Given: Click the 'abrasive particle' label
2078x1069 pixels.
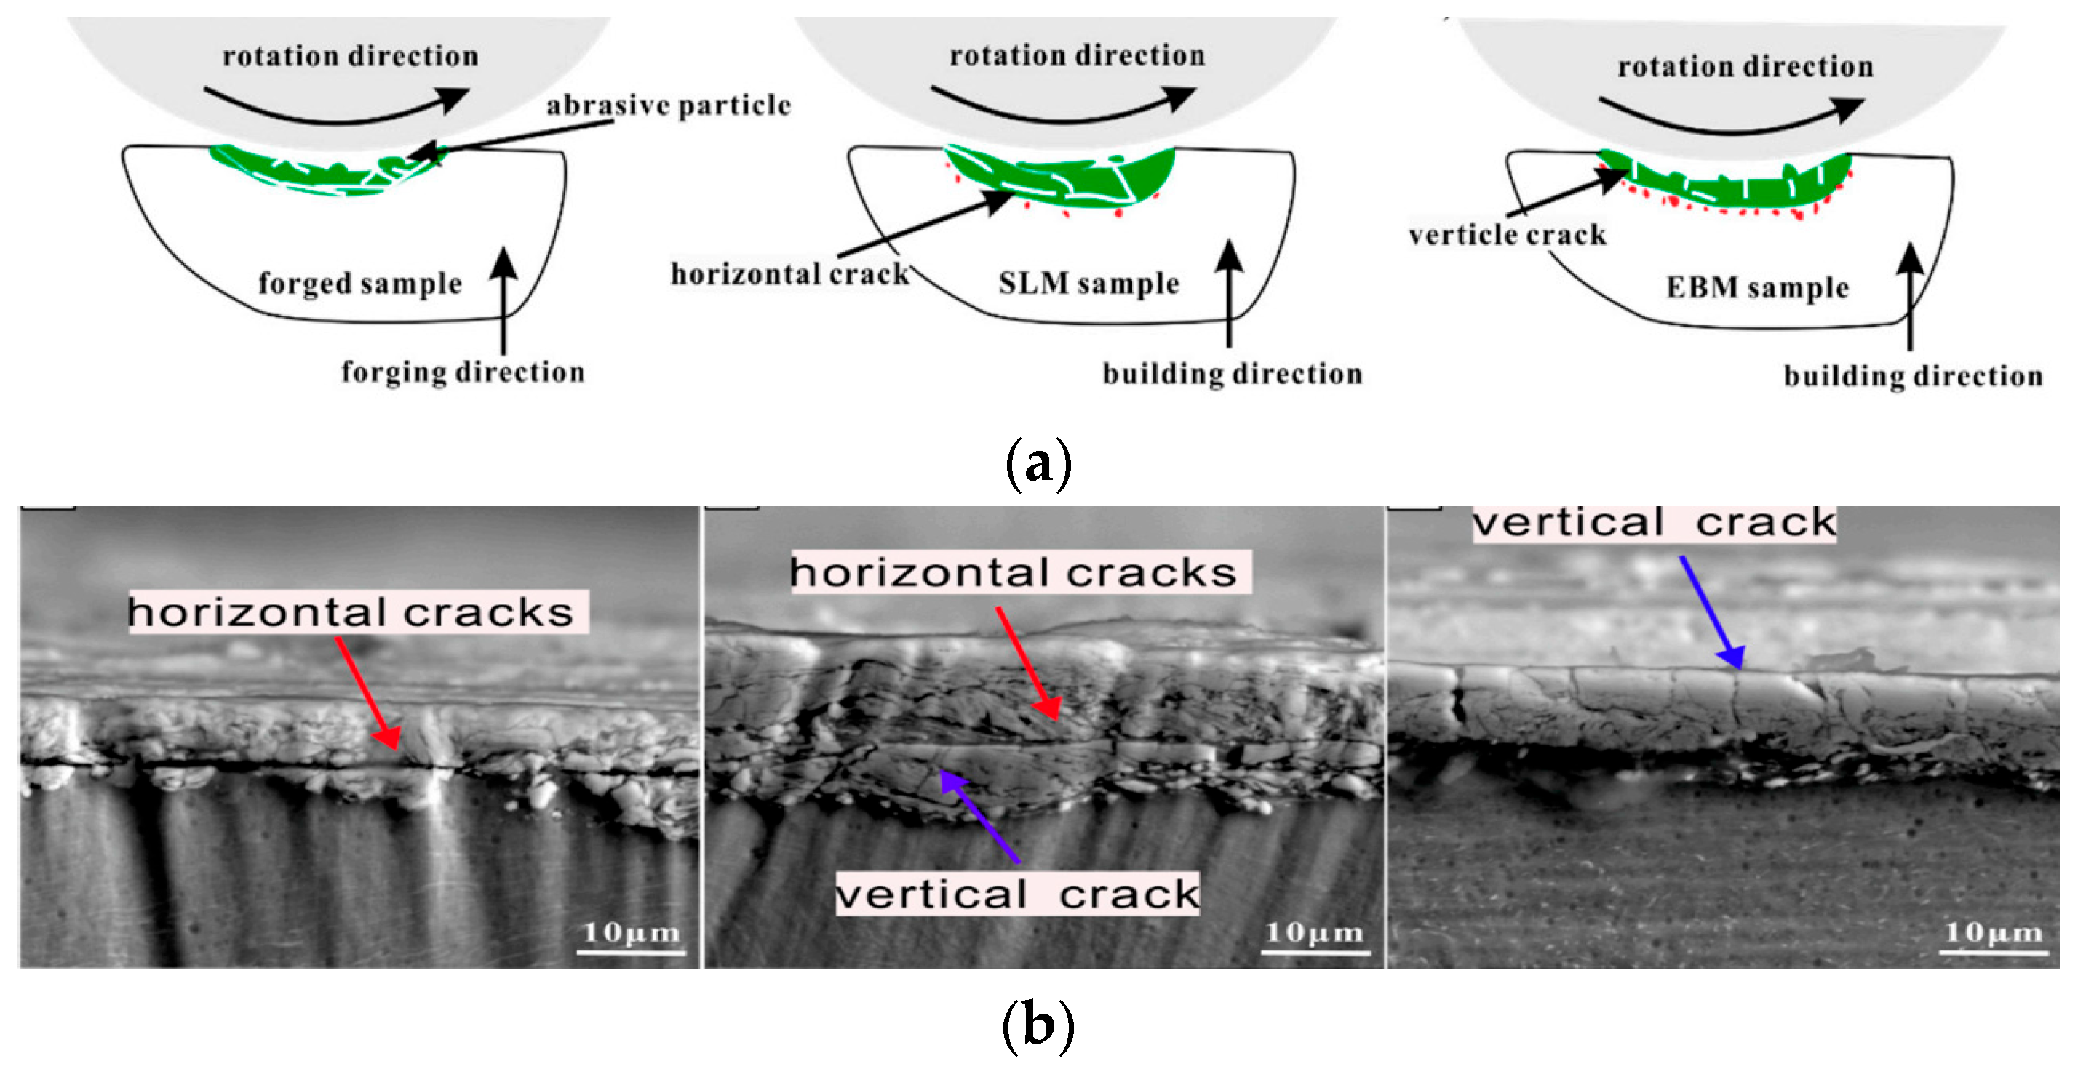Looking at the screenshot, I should click(x=668, y=105).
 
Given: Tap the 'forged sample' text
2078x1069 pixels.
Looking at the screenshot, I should click(x=359, y=284).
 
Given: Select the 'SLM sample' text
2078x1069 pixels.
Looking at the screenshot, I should click(x=1088, y=283).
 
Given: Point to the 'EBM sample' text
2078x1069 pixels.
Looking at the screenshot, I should click(x=1757, y=287).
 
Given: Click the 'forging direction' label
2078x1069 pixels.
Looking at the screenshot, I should click(x=462, y=372).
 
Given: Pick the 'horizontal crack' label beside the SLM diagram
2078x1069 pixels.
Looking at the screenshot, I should click(x=789, y=274).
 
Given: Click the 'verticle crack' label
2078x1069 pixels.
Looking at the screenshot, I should click(x=1507, y=235).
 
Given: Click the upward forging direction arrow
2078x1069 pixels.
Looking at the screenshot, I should click(x=503, y=298).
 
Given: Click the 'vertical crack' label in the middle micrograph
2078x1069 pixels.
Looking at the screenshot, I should click(x=1016, y=894).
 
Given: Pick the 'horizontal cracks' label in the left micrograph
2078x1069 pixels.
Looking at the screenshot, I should click(x=357, y=612).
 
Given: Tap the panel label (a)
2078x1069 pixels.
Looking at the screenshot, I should click(x=1038, y=463).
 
